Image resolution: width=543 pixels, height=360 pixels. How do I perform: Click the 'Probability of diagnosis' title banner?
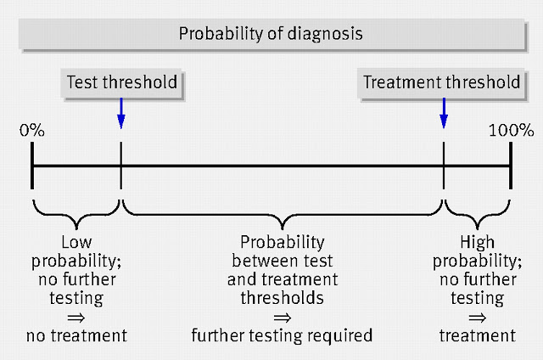[x=271, y=34]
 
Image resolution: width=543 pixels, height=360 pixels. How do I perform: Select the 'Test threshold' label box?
[x=121, y=83]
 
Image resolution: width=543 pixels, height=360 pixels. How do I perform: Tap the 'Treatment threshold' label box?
[x=441, y=83]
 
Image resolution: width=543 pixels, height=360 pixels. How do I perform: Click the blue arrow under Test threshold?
[x=120, y=113]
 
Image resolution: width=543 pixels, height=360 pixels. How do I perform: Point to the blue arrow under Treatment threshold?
[x=444, y=113]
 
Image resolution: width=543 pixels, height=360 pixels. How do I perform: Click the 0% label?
[x=32, y=131]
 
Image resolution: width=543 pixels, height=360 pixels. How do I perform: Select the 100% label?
[x=511, y=131]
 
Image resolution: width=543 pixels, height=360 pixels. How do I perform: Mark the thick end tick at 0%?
[x=32, y=166]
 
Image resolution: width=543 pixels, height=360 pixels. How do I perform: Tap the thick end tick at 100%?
[x=511, y=166]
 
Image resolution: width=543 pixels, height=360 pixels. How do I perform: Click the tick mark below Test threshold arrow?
[x=120, y=166]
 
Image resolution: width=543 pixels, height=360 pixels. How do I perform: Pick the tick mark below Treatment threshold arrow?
[x=444, y=166]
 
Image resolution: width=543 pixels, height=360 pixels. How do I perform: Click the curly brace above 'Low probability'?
[x=76, y=216]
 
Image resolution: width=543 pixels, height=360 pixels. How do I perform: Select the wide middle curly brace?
[x=283, y=216]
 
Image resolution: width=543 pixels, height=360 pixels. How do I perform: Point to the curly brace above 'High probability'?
[x=477, y=216]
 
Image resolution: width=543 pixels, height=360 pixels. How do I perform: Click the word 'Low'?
[x=76, y=242]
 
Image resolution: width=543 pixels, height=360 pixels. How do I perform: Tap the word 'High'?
[x=477, y=243]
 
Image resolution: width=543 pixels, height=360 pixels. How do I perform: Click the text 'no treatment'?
[x=77, y=335]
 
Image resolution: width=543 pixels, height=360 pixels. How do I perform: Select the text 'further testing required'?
[x=282, y=335]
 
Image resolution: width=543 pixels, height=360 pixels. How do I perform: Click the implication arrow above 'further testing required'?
[x=283, y=318]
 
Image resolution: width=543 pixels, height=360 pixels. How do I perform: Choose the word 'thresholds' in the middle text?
[x=283, y=298]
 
